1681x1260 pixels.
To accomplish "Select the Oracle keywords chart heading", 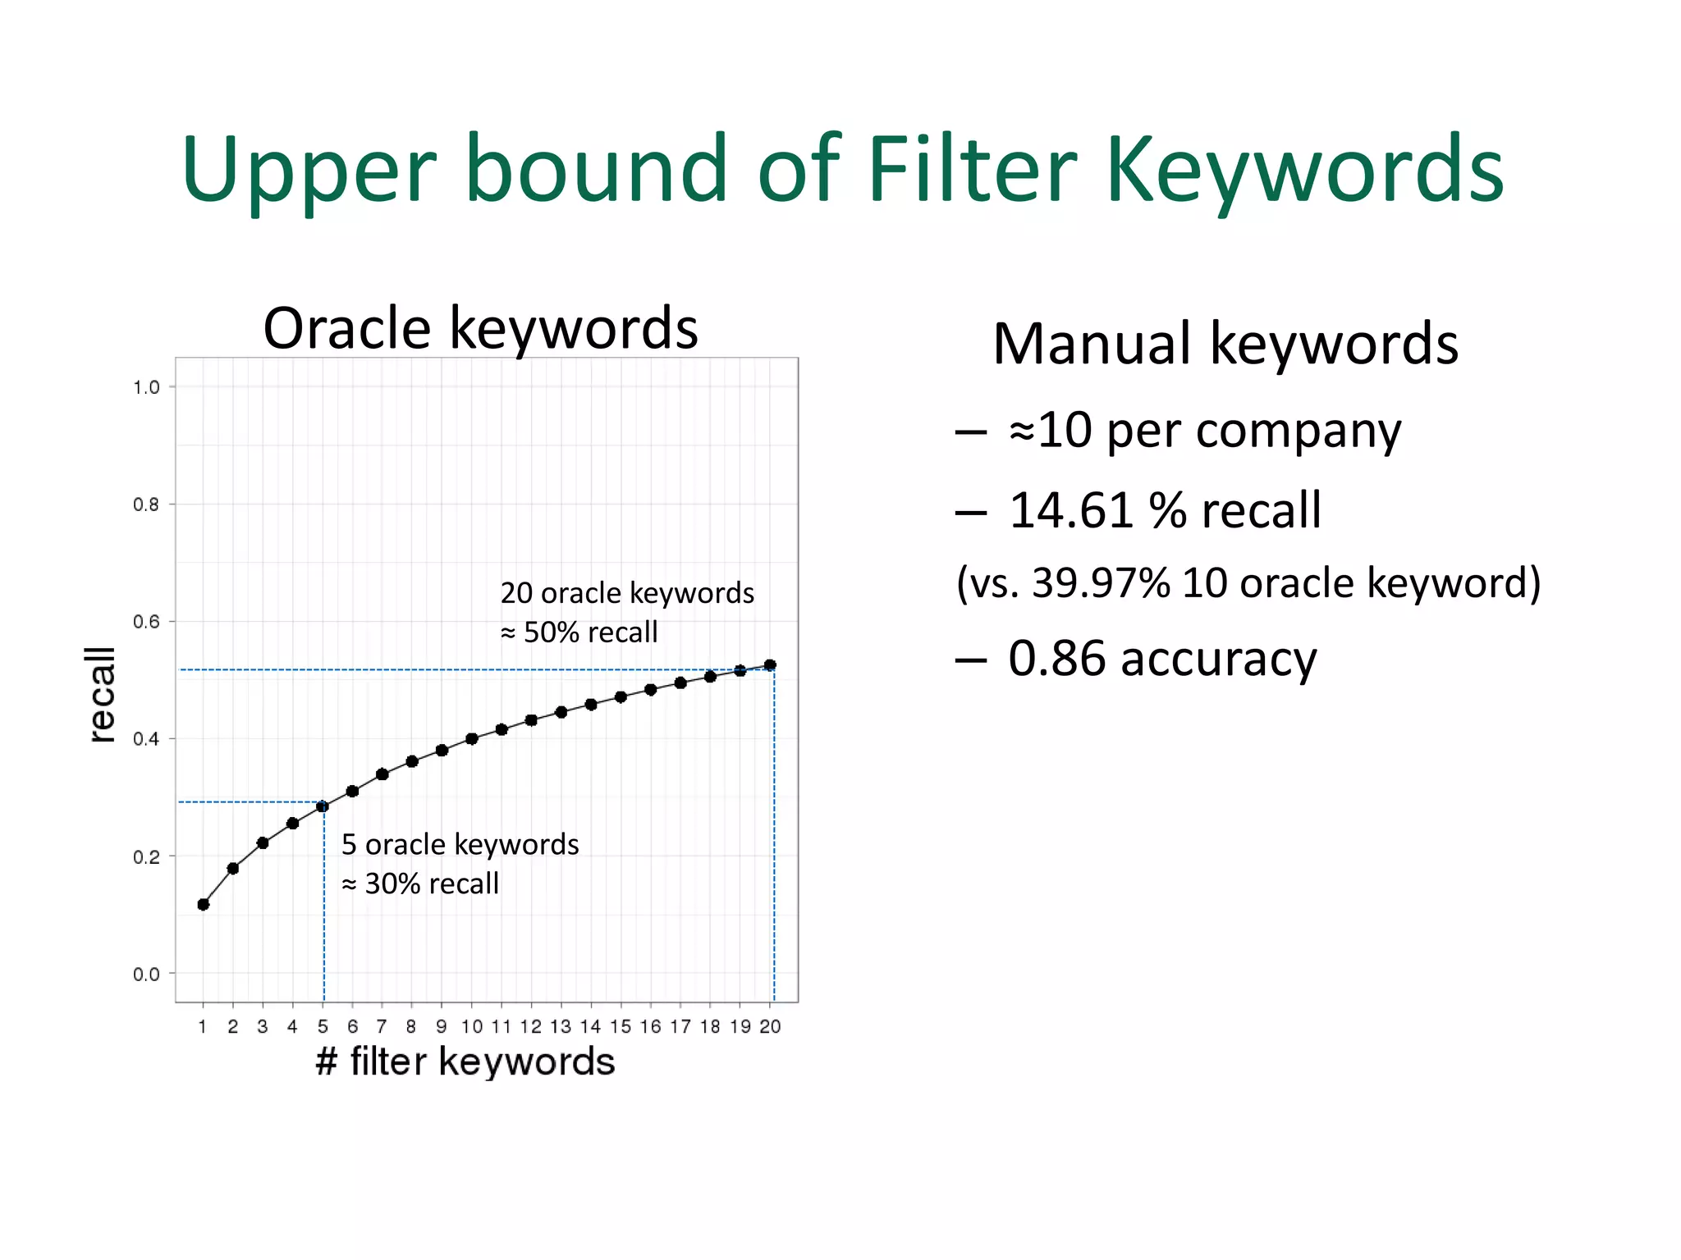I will point(480,328).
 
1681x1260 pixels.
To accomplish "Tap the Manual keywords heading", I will point(1225,343).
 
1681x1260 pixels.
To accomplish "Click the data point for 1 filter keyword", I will point(204,904).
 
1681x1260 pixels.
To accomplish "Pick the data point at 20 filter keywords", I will point(770,665).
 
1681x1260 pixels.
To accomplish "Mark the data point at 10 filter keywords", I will point(471,738).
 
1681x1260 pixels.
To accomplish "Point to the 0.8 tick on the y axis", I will point(146,504).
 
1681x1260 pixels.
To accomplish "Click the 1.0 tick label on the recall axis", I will point(146,387).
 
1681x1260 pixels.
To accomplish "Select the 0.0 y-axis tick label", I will point(146,975).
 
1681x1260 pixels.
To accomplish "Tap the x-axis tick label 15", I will point(621,1027).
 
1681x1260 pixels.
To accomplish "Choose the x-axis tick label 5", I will point(323,1027).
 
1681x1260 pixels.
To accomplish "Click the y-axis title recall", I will point(102,694).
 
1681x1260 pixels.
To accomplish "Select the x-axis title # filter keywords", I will point(465,1061).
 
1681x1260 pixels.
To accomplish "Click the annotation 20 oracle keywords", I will point(627,593).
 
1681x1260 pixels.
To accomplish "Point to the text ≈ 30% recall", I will point(420,883).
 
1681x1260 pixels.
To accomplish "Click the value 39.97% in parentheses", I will point(1100,583).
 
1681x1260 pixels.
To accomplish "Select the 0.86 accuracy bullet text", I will point(1161,659).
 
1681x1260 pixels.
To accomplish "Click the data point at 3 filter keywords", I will point(263,842).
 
